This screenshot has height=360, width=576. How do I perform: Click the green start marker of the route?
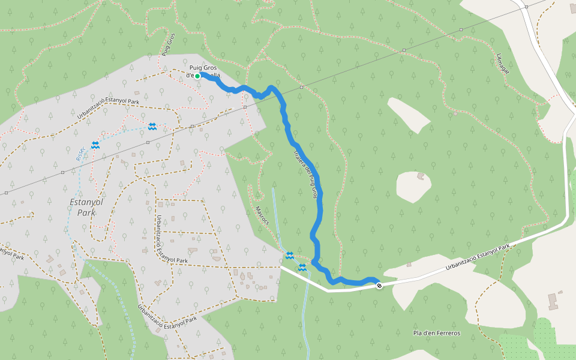(197, 76)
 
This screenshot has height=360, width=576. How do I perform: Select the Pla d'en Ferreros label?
(436, 332)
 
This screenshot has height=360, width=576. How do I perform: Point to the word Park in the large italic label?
(86, 212)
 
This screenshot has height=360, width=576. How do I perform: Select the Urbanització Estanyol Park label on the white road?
(478, 257)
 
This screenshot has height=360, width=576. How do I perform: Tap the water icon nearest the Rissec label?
(95, 145)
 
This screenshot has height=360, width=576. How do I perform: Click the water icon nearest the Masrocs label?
(290, 256)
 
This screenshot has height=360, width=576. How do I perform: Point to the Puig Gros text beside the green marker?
(203, 67)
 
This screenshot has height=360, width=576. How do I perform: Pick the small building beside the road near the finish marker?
(409, 264)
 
